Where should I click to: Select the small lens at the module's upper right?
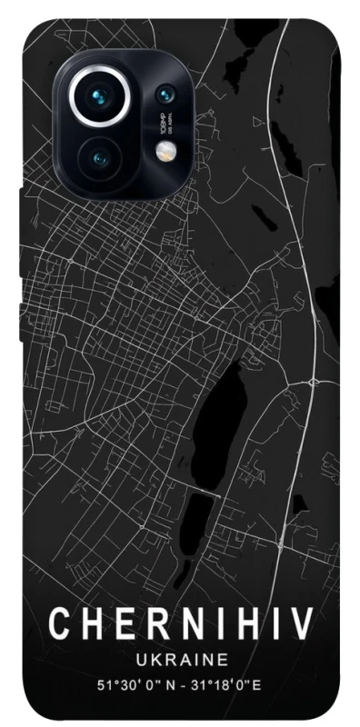[x=165, y=93]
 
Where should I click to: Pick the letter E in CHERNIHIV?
[x=118, y=625]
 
